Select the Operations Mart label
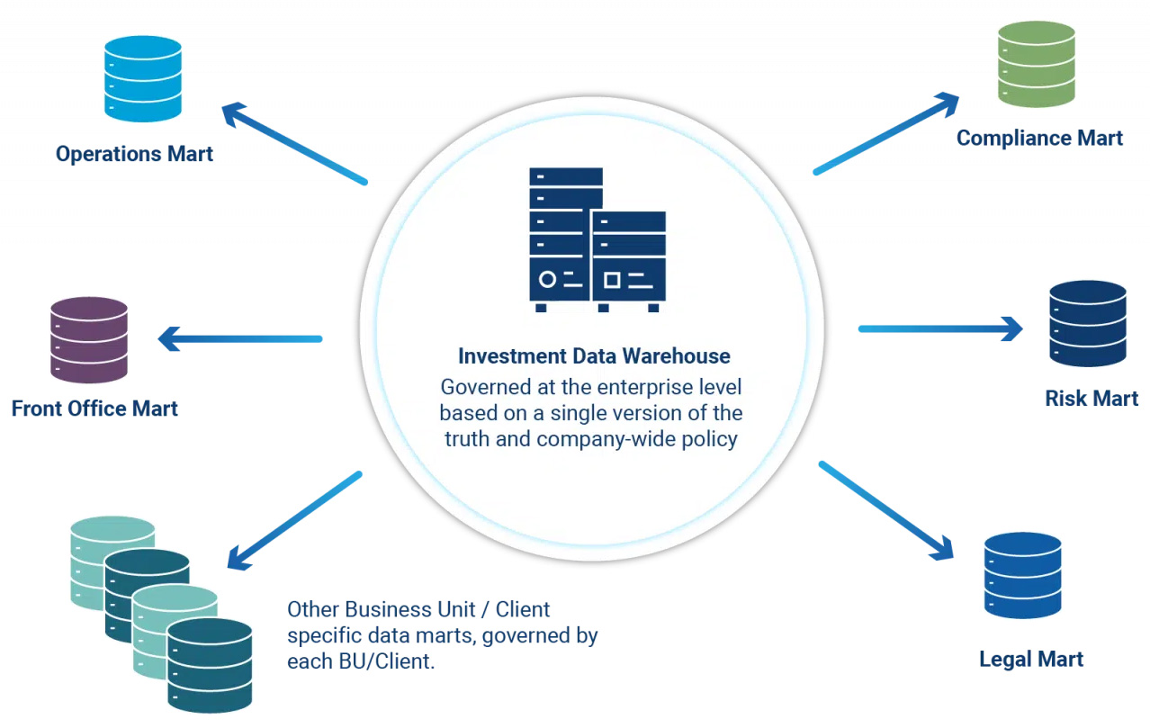tap(134, 154)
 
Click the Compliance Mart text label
tap(1039, 138)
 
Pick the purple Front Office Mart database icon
tap(89, 339)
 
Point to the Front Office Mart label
tap(94, 409)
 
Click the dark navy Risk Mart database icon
tap(1088, 323)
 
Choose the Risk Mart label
tap(1092, 398)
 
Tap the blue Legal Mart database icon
tap(1022, 575)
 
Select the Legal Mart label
tap(1031, 659)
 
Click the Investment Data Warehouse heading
tap(594, 355)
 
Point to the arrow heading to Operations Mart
tap(294, 144)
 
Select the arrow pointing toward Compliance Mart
tap(886, 133)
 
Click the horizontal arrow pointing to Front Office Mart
tap(240, 339)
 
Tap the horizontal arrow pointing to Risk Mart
tap(940, 328)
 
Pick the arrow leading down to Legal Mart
tap(885, 511)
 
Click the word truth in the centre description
tap(468, 440)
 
